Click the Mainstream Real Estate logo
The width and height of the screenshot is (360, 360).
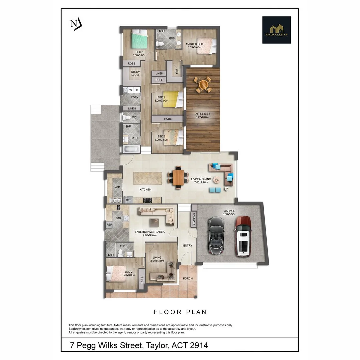[276, 30]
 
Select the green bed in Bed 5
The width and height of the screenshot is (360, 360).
[139, 39]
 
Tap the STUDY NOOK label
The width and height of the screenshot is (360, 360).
[135, 74]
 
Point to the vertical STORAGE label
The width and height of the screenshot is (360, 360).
[193, 220]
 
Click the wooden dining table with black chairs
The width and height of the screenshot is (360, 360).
[178, 177]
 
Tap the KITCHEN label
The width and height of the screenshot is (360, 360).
[145, 190]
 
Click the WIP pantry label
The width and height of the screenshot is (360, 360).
[117, 187]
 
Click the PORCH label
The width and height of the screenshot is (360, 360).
[188, 279]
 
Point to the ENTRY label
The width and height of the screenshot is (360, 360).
[188, 246]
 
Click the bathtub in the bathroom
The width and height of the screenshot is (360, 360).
[129, 149]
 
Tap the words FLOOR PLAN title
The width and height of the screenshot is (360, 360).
[180, 312]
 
